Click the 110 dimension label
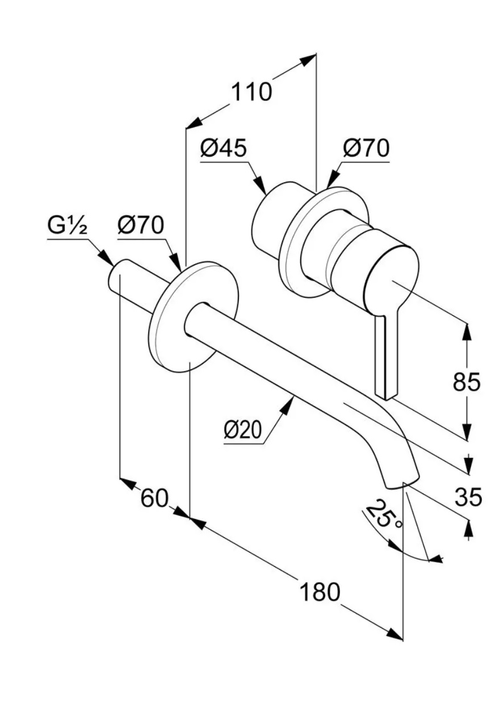point(251,92)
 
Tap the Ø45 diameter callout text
point(224,149)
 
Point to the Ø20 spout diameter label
point(243,430)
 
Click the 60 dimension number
point(154,498)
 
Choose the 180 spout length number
point(320,591)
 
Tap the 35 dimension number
point(468,497)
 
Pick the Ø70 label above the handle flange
point(366,149)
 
